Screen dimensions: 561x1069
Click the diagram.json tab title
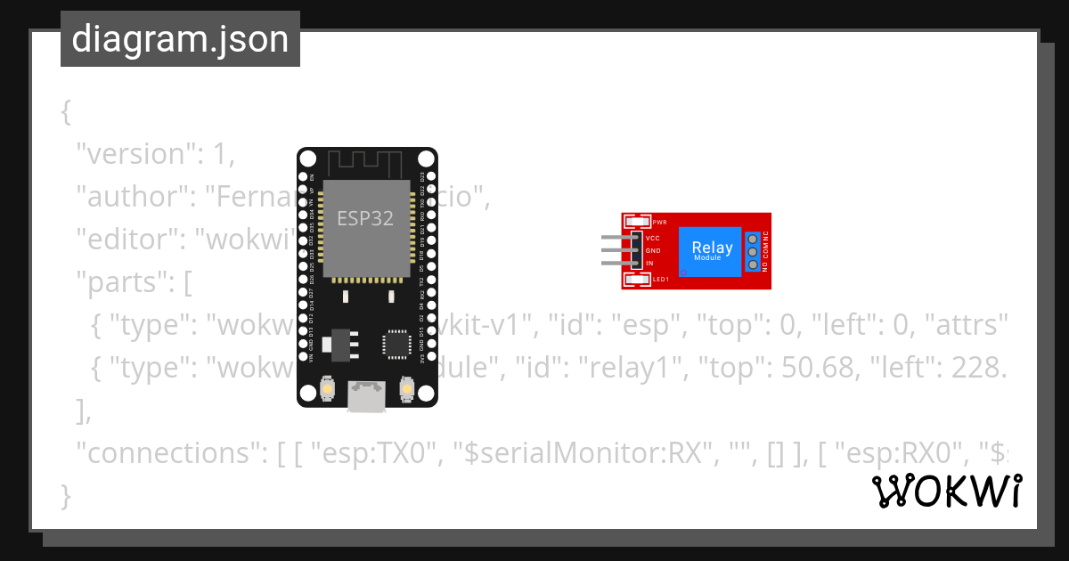pos(180,40)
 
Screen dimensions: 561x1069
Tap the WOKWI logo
pos(946,492)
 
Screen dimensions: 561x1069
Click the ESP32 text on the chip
pos(365,218)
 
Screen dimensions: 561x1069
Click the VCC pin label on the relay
pos(652,239)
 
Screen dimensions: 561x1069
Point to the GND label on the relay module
pos(652,251)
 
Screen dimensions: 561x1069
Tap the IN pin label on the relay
pos(649,264)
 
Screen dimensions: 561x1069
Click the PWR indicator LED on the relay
pos(638,222)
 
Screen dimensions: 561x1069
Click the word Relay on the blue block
pos(713,248)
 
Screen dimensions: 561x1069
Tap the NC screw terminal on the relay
pos(753,238)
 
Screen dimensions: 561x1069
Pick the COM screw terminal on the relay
pos(753,251)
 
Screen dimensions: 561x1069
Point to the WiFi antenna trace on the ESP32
pos(366,163)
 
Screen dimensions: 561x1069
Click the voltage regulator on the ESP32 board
pos(342,341)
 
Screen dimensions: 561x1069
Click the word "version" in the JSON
pos(135,154)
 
